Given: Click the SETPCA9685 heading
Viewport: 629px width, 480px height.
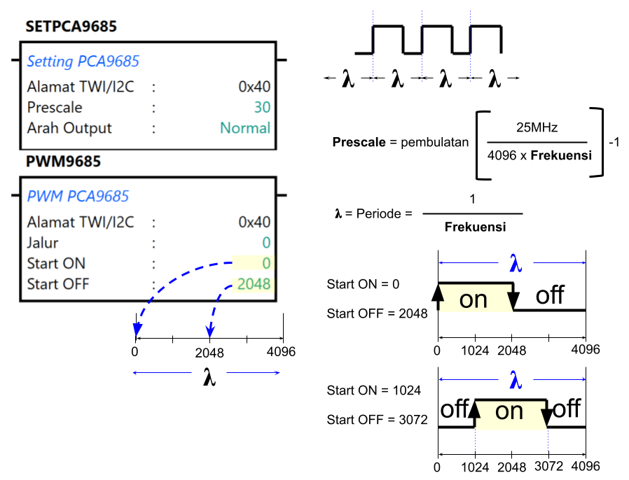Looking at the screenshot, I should click(x=71, y=27).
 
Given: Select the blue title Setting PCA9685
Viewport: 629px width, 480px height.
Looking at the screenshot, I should click(x=83, y=62).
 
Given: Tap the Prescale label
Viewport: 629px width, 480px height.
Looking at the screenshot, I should click(x=55, y=108).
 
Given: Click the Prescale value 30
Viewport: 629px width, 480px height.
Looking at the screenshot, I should click(x=262, y=108).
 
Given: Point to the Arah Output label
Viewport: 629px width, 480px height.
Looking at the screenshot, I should click(x=69, y=128).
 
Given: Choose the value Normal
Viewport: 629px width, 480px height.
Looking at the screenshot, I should click(x=245, y=128).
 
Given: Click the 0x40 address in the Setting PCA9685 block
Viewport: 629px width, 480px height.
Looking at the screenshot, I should click(x=254, y=87).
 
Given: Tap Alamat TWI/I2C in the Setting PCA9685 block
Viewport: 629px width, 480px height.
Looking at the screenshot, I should click(x=81, y=87).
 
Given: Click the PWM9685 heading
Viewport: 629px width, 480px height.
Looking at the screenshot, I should click(x=63, y=162).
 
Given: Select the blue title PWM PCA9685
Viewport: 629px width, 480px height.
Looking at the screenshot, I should click(x=78, y=197).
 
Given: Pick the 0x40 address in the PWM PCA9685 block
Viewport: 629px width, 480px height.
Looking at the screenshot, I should click(x=254, y=223).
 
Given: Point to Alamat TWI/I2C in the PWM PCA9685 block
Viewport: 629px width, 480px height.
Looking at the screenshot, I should click(x=81, y=223).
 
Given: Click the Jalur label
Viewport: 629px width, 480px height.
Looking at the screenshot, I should click(x=43, y=243).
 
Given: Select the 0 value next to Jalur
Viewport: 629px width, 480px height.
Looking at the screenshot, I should click(x=266, y=243).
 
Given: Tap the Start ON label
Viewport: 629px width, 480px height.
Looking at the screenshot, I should click(x=56, y=264).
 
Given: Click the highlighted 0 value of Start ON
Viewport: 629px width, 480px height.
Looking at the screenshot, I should click(x=266, y=264).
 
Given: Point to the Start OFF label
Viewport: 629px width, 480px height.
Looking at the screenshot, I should click(x=58, y=285).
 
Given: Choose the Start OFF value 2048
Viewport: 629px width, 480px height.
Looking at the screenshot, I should click(x=254, y=285).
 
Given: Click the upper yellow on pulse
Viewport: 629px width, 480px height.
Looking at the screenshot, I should click(x=475, y=299).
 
